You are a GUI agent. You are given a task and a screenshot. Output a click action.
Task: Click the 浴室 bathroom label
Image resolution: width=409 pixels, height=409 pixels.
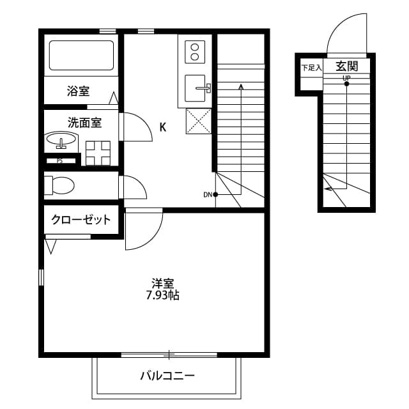[78, 91]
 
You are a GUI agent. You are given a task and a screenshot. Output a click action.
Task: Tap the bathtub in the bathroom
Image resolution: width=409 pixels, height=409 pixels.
[81, 56]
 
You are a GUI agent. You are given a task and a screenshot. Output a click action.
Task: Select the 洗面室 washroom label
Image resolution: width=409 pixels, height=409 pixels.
[84, 123]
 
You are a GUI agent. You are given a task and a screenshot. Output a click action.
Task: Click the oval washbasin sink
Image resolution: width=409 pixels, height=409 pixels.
[61, 140]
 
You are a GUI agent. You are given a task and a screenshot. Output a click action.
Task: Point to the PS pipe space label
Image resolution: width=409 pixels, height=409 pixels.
[59, 161]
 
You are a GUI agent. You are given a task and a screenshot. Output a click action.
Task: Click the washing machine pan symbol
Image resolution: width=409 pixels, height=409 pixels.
[98, 153]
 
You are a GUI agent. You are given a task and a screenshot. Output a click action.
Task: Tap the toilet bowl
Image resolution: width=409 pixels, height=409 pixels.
[59, 185]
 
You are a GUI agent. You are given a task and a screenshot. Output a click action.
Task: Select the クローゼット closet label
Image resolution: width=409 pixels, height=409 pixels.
[81, 220]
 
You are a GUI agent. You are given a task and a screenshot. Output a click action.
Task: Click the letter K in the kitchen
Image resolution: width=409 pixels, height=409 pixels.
[163, 127]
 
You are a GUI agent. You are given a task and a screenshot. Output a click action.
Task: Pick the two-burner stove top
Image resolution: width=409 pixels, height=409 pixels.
[195, 52]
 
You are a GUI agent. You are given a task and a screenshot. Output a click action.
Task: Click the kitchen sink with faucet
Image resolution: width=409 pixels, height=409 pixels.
[197, 88]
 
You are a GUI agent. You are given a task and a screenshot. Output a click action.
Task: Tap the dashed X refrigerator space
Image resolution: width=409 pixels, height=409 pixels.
[199, 121]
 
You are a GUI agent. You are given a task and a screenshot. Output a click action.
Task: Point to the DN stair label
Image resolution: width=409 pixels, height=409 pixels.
[208, 194]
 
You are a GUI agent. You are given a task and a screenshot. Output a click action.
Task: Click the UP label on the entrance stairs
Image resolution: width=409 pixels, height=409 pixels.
[346, 78]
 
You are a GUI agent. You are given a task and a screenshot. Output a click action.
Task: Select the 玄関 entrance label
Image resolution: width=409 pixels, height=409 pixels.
[346, 66]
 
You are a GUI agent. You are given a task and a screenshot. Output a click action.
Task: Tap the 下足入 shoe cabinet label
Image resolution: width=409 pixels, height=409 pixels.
[311, 68]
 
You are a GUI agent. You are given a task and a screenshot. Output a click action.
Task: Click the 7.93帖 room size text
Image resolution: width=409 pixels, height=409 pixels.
[162, 295]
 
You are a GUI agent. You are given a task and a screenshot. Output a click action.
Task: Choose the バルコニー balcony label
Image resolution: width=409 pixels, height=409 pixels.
[167, 376]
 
